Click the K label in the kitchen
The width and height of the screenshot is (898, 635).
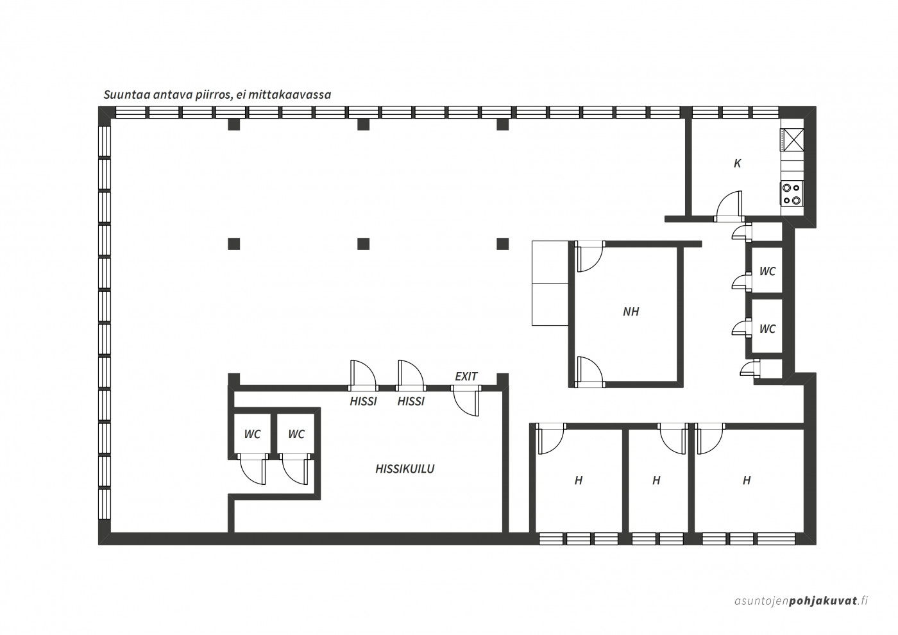(737, 164)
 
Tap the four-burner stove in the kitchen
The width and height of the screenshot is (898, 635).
(792, 193)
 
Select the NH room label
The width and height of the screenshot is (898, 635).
(631, 312)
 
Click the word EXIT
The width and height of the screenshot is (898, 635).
(466, 377)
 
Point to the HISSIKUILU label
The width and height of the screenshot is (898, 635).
(405, 469)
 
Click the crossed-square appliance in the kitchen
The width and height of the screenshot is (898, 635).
(792, 140)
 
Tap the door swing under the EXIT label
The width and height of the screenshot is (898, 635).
(466, 403)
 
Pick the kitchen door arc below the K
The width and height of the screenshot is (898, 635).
(728, 205)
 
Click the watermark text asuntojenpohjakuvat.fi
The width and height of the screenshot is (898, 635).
(801, 612)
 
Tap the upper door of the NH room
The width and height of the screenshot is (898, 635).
(589, 257)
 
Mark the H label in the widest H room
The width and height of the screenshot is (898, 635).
(747, 480)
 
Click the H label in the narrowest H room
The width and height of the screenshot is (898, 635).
(656, 480)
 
